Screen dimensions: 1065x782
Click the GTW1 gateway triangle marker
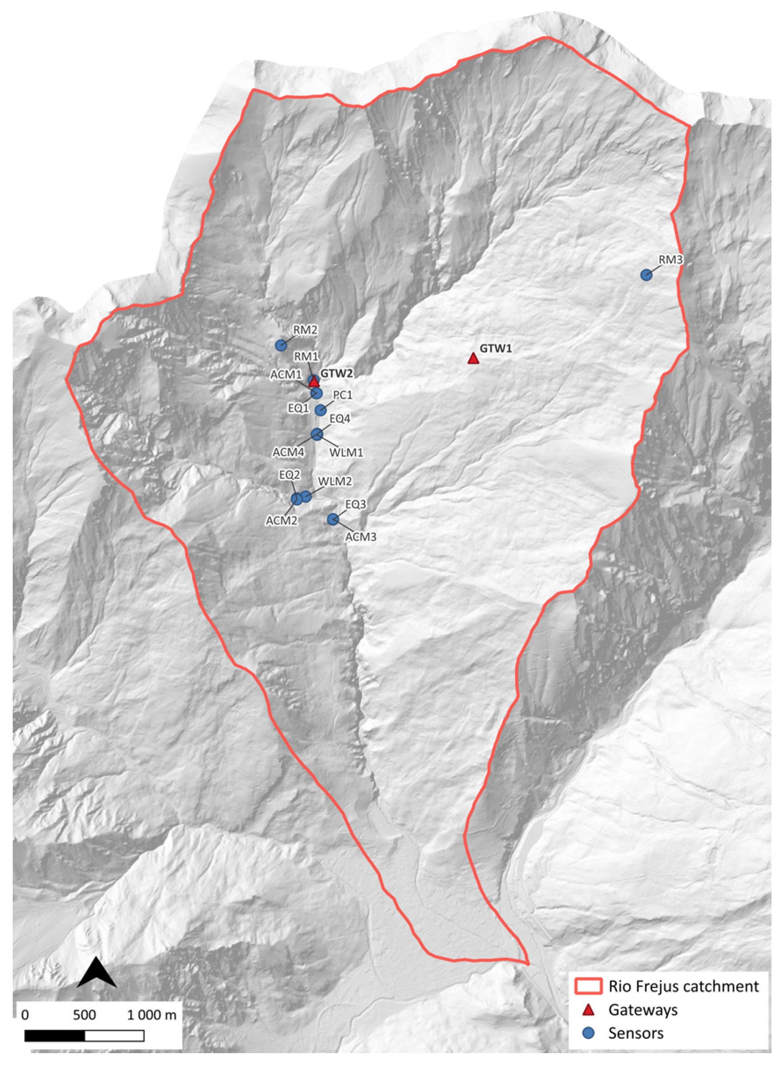coord(473,359)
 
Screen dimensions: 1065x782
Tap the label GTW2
coord(337,374)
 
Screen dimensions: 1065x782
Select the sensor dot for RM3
coord(646,275)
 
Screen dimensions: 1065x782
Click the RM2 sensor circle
coord(281,345)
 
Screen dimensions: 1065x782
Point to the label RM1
coord(306,356)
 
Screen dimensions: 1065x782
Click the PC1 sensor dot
coord(321,410)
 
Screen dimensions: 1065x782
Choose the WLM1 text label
coord(346,452)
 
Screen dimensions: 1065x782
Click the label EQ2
coord(289,475)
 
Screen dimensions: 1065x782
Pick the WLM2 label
coord(335,482)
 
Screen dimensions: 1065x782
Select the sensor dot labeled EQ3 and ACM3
coord(333,520)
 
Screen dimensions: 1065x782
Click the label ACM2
coord(281,521)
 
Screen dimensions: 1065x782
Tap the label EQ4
coord(339,419)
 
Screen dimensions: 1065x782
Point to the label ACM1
coord(286,375)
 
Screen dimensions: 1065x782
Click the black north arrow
coord(97,973)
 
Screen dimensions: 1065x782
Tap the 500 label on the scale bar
coord(85,1015)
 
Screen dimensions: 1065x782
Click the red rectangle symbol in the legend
coord(588,986)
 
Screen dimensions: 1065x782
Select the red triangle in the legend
coord(588,1010)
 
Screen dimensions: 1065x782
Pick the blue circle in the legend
coord(588,1033)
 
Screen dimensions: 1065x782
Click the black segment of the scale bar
coord(54,1036)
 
